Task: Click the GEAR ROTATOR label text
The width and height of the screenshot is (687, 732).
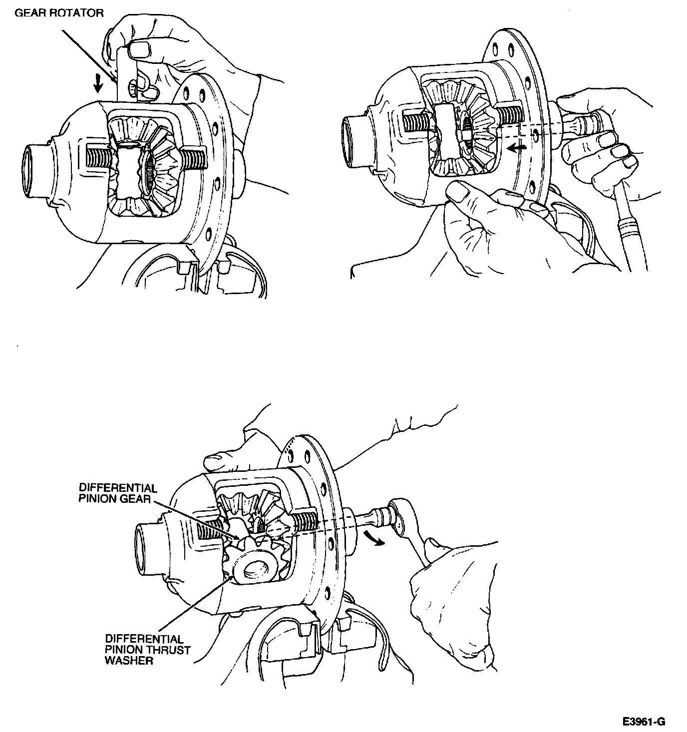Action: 59,13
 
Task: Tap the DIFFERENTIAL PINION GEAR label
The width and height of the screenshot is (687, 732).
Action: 118,493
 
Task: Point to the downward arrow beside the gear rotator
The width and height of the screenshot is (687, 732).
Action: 98,83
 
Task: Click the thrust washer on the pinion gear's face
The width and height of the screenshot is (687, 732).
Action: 258,569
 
